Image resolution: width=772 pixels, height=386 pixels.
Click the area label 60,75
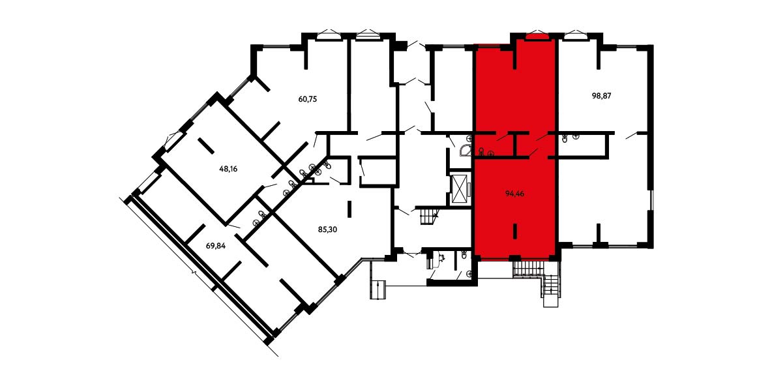coord(308,98)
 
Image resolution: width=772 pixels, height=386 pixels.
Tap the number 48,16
coord(228,168)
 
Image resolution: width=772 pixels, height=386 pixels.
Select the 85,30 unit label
coord(329,229)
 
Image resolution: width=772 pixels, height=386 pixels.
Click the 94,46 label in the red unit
coord(514,194)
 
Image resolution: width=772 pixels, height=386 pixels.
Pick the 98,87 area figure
coord(601,96)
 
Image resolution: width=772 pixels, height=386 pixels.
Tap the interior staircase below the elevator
coord(428,216)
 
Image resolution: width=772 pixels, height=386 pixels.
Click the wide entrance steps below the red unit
coord(527,269)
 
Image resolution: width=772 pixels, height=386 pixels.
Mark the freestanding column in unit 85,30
coord(349,208)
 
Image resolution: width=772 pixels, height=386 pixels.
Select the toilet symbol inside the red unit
coord(481,151)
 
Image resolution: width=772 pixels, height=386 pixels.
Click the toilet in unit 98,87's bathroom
coord(565,139)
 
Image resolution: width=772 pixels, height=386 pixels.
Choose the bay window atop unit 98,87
coord(573,35)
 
